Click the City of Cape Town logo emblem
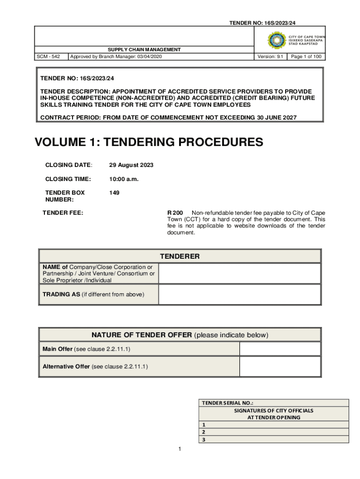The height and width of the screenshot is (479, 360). (276, 40)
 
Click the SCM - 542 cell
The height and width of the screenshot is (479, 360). (48, 57)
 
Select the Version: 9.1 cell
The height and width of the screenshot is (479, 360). (270, 57)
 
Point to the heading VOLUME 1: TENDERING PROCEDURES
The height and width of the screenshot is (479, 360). (149, 142)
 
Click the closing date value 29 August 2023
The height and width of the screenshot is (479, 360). (131, 165)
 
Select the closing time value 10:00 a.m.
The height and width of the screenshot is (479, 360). (123, 179)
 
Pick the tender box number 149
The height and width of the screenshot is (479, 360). (114, 192)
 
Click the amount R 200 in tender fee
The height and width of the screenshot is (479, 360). (175, 213)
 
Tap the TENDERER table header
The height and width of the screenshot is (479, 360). (180, 256)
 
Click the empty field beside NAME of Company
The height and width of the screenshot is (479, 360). (239, 274)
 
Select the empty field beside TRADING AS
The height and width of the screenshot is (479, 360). (239, 294)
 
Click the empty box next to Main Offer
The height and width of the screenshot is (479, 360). (280, 349)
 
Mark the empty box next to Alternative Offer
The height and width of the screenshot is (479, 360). (280, 366)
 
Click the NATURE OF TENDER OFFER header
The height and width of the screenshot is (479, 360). (180, 335)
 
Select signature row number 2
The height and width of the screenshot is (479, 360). (274, 432)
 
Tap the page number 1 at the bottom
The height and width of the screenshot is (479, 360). (180, 450)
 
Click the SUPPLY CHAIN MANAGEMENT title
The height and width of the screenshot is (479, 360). (144, 50)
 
